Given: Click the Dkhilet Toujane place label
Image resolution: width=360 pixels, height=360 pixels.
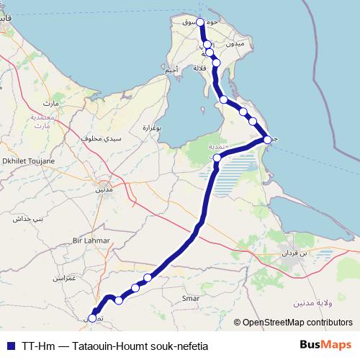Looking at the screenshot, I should pyautogui.click(x=30, y=162).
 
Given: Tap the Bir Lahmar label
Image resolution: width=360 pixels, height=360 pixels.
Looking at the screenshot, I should pyautogui.click(x=91, y=240).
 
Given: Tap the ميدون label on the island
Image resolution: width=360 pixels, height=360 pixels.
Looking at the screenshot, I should pyautogui.click(x=236, y=44).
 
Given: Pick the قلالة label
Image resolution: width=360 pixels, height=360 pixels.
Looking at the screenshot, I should pyautogui.click(x=200, y=68).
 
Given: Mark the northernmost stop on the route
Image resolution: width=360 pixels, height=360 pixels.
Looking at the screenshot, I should pyautogui.click(x=201, y=22).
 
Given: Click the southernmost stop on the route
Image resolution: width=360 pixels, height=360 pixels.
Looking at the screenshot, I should pyautogui.click(x=92, y=318).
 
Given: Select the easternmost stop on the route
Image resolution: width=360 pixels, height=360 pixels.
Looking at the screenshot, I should pyautogui.click(x=267, y=139).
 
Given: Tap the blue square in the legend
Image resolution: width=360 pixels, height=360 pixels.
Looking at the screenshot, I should pyautogui.click(x=9, y=345).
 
